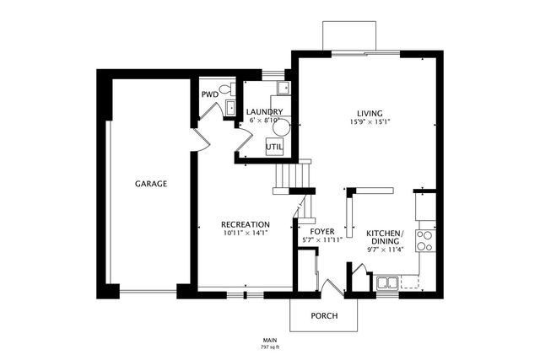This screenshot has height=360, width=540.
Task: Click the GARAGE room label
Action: pos(152,184)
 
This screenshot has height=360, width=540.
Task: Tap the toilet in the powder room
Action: pos(224,90)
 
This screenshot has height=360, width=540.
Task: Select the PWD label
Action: pos(208,94)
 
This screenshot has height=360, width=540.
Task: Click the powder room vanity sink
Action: pos(229,107)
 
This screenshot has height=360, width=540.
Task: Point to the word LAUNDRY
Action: pos(264,112)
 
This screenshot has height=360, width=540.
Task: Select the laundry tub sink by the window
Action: pos(285,88)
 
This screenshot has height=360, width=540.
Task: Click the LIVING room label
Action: pos(369,113)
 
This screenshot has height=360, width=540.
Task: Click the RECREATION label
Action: pos(245,224)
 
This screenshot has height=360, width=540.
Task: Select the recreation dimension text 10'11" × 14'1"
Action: pos(245,233)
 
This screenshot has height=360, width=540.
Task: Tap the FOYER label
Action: pos(322,231)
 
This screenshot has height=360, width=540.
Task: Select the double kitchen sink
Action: pos(388,282)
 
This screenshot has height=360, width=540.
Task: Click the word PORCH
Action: pos(324,316)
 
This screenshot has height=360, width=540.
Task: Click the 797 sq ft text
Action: pos(270,347)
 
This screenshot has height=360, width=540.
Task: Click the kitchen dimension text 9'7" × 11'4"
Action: pos(385,249)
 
